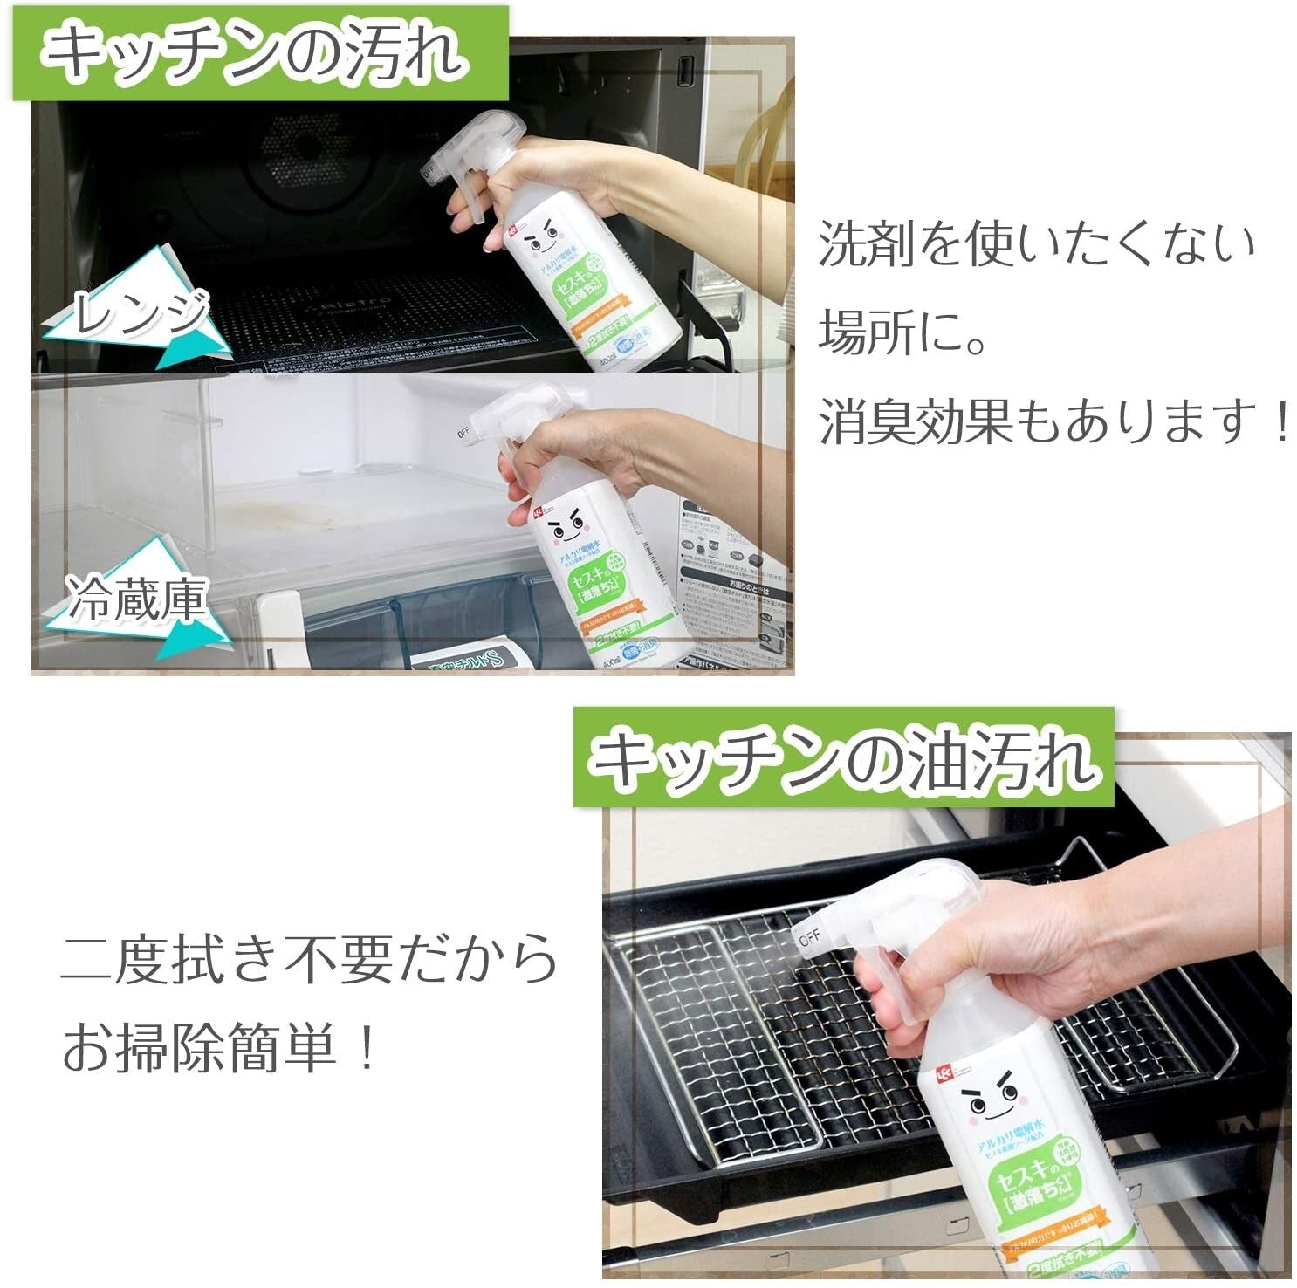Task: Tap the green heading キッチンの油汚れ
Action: [842, 758]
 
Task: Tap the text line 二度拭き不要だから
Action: [309, 959]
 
